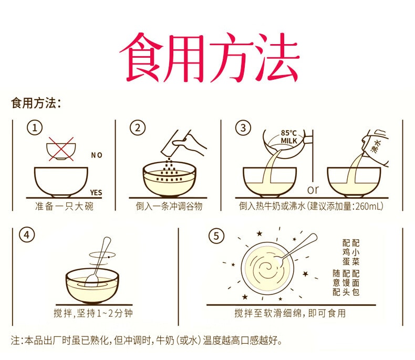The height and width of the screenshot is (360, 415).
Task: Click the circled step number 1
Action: click(35, 129)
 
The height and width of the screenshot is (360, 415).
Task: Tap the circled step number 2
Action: click(138, 129)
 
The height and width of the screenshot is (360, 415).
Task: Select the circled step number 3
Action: click(242, 129)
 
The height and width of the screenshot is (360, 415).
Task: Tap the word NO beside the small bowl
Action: click(97, 155)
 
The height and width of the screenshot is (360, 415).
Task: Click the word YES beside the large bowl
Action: click(96, 193)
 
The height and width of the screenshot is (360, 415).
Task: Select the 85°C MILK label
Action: click(289, 137)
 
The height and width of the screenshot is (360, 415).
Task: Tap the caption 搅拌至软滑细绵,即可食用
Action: click(290, 314)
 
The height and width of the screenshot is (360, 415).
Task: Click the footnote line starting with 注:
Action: click(147, 341)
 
